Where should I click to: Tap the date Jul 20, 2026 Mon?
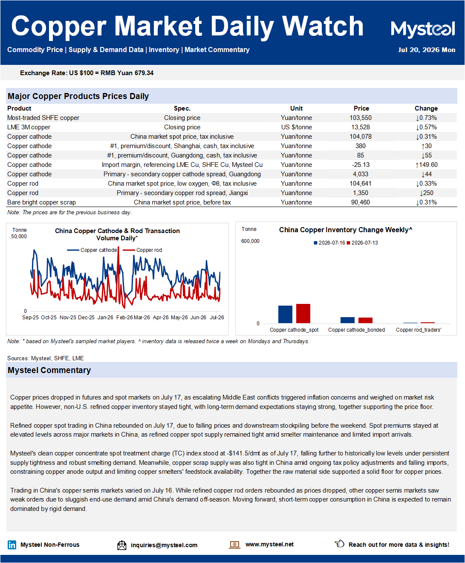(427, 50)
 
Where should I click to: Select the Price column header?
(361, 108)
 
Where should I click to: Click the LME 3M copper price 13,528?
(361, 127)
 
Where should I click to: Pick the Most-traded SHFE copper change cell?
(426, 118)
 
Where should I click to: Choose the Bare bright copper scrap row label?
(41, 202)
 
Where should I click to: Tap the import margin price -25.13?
(361, 165)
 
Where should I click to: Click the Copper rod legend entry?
(142, 250)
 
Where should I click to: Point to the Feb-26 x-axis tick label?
(124, 318)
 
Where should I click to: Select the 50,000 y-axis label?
(19, 236)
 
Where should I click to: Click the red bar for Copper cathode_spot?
(303, 313)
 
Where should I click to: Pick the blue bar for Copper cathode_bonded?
(347, 320)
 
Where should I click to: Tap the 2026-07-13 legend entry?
(362, 243)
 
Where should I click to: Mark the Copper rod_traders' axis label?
(419, 330)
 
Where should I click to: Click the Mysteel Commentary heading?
(49, 370)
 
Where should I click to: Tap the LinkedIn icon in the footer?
(12, 545)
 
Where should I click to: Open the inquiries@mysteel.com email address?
(164, 545)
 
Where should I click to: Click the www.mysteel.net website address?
(269, 544)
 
